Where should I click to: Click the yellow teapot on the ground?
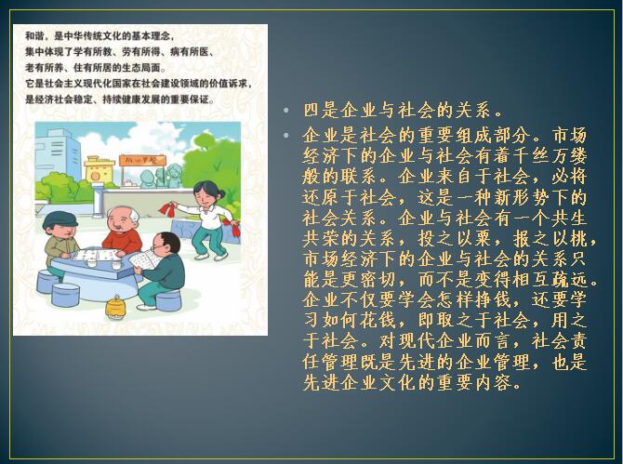[115, 307]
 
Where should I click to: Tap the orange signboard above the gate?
[142, 161]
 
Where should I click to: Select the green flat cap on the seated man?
[60, 219]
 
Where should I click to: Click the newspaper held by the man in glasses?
[144, 260]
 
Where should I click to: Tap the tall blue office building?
[57, 154]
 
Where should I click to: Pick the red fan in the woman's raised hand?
[168, 209]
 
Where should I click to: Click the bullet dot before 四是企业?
[286, 110]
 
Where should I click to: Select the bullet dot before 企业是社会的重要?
[286, 136]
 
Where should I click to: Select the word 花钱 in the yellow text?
[378, 321]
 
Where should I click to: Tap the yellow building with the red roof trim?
[99, 169]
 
